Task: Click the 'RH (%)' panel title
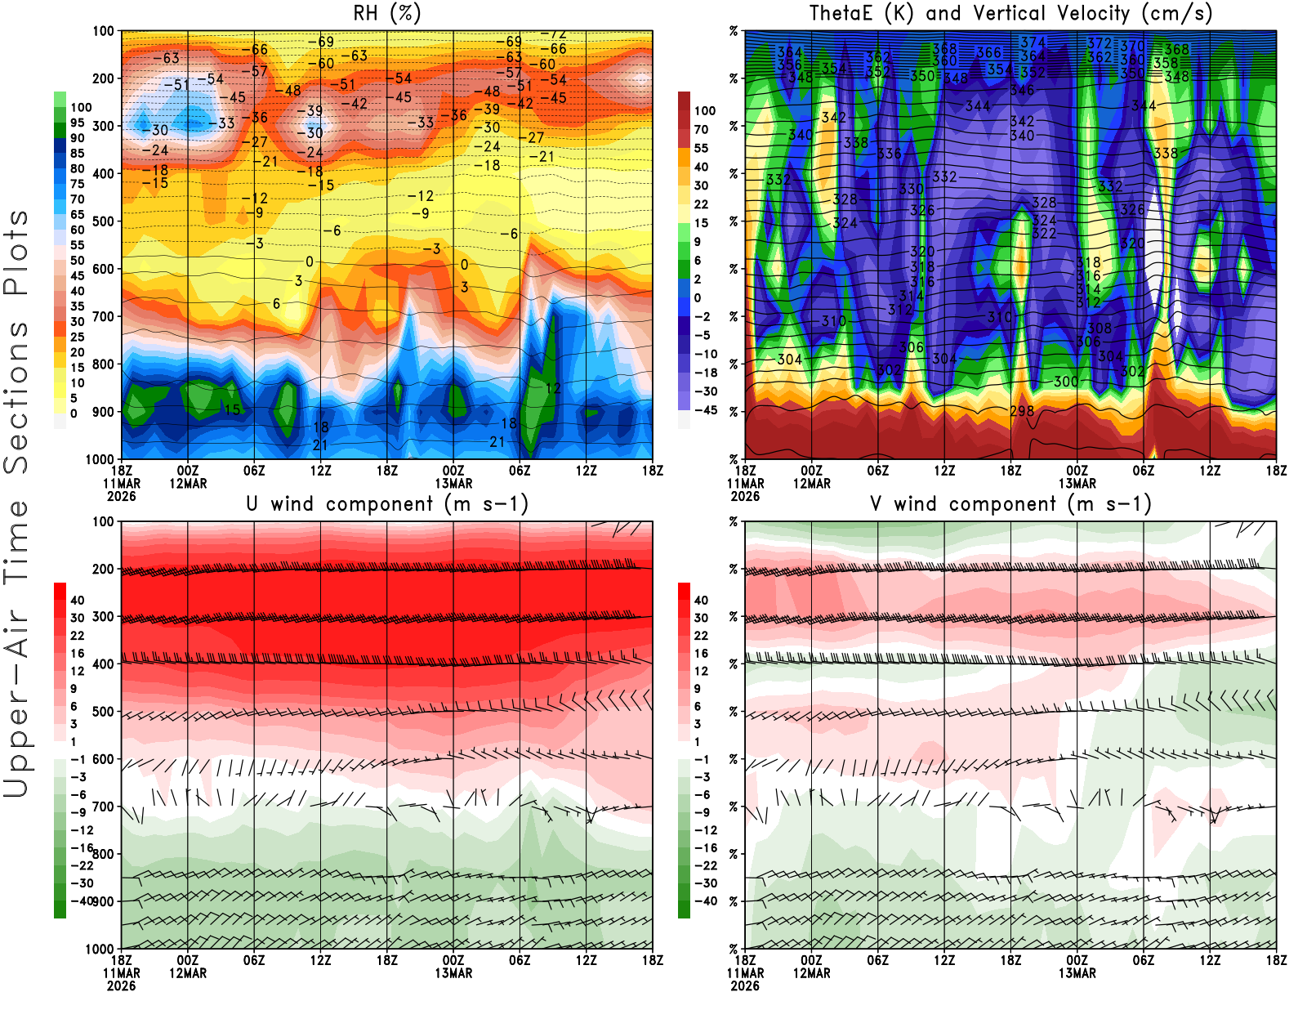point(387,13)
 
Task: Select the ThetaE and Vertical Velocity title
point(1010,13)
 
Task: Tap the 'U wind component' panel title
point(387,503)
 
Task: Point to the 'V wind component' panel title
point(1010,503)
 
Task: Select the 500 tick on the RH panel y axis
point(103,221)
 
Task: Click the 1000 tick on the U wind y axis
point(100,949)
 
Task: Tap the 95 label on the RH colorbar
point(77,123)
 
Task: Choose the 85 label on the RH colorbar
point(77,153)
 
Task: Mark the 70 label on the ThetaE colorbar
point(701,129)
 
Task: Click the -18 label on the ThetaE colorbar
point(705,373)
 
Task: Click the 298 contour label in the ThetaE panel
point(1022,411)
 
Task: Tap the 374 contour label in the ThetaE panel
point(1033,42)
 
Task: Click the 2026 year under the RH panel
point(122,496)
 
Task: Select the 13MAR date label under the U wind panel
point(453,973)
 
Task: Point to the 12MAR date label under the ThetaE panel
point(811,483)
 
